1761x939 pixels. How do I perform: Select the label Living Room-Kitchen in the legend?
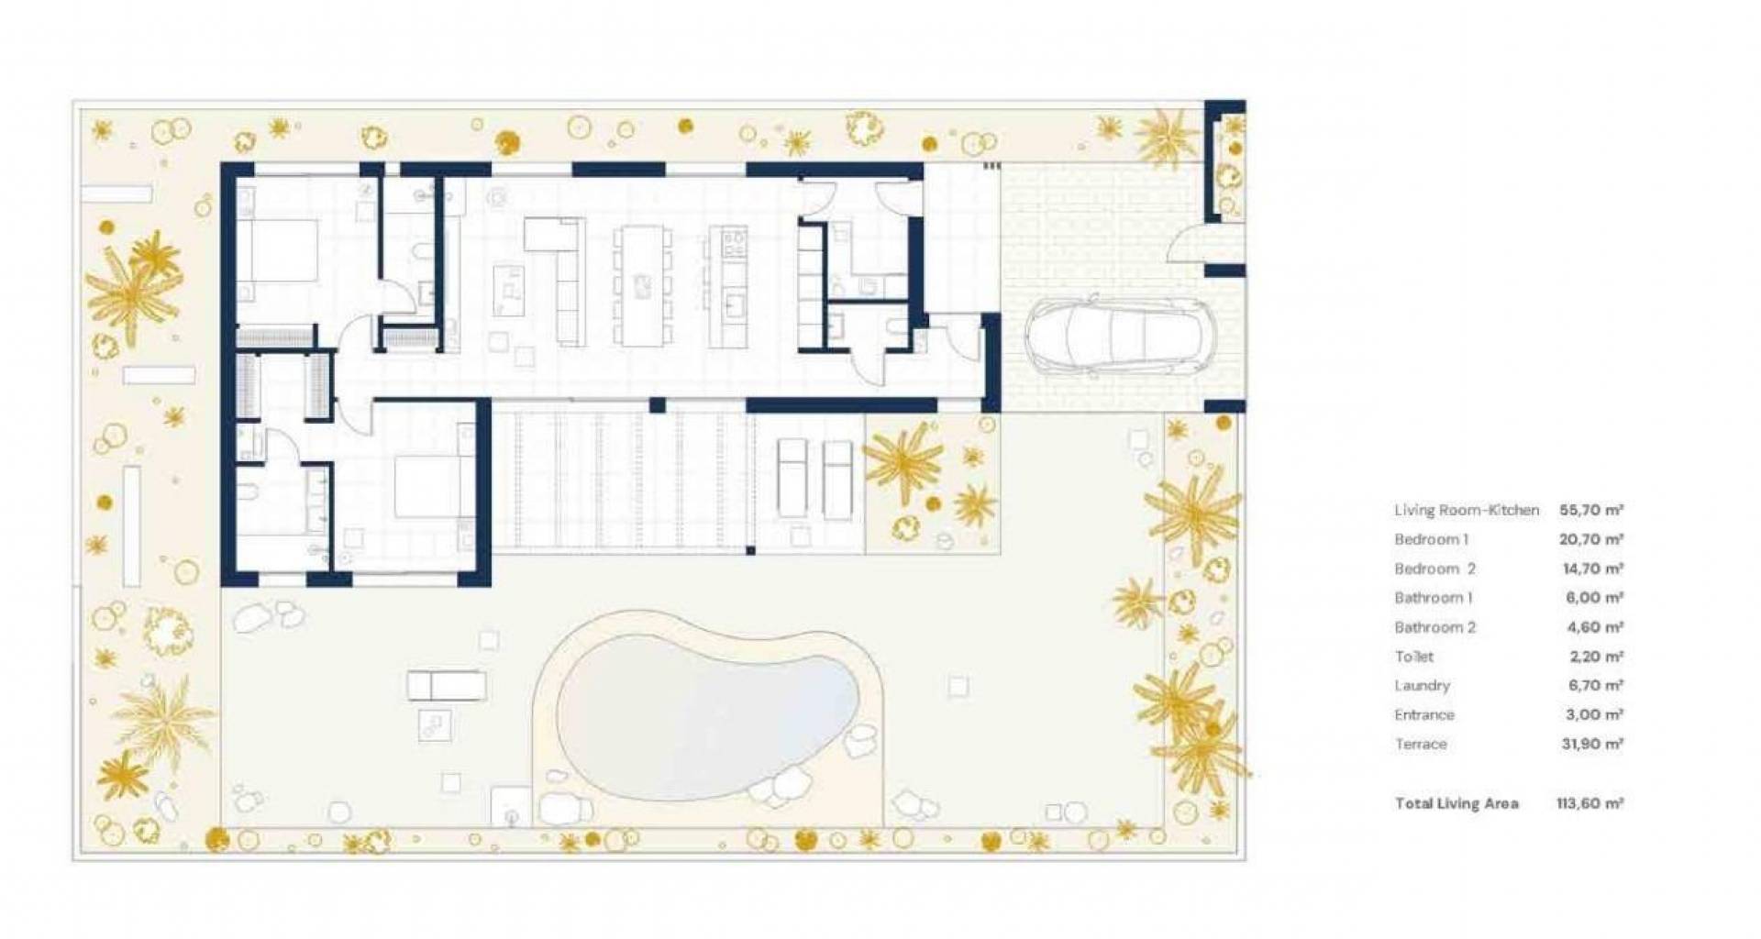click(1467, 510)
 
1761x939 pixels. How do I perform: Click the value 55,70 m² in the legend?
click(1591, 510)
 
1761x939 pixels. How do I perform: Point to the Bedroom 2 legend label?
click(1434, 569)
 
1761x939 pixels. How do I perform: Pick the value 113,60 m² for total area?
click(1589, 803)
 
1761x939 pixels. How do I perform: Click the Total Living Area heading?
click(1456, 803)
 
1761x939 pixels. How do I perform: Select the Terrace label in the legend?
click(1421, 744)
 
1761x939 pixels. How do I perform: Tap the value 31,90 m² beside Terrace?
click(1592, 744)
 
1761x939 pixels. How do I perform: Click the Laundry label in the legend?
click(1423, 685)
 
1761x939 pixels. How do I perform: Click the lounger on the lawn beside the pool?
click(447, 685)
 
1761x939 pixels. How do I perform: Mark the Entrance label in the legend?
click(1424, 714)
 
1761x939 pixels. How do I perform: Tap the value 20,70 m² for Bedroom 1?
click(1591, 539)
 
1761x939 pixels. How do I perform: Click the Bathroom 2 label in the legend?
click(1435, 627)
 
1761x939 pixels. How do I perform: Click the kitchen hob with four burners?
click(734, 242)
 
